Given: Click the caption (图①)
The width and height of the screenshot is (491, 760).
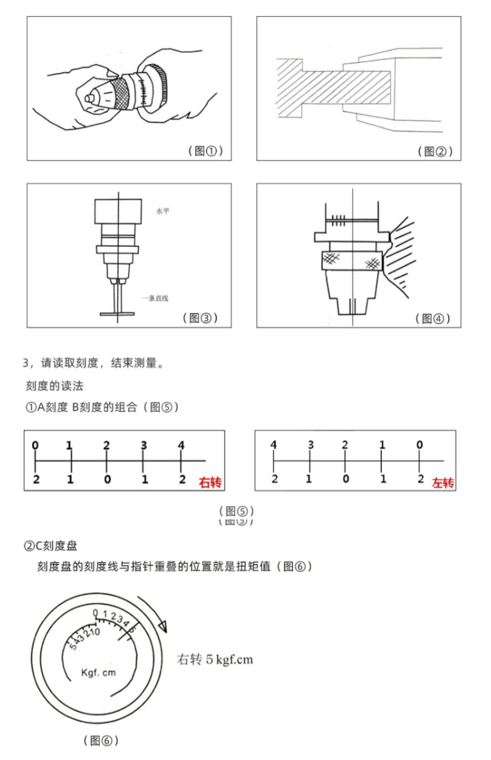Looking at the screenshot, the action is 205,150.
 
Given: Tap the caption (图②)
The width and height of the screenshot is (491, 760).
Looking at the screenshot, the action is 435,151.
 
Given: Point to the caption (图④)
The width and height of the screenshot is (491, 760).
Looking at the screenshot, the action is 432,318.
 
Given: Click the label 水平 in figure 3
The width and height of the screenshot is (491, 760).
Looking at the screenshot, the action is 162,211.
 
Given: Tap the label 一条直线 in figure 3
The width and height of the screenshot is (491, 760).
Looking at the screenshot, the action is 155,298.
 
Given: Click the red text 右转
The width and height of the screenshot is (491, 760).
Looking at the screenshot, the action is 210,483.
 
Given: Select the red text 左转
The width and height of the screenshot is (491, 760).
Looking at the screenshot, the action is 443,483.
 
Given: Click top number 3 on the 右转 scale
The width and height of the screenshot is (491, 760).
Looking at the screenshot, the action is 144,445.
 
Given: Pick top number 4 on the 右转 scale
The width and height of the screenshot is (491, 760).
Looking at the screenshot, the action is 181,445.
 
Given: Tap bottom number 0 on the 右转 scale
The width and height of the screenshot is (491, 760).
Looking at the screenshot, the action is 107,479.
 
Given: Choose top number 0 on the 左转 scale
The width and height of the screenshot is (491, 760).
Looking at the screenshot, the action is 419,445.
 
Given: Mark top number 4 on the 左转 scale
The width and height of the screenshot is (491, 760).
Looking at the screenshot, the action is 273,445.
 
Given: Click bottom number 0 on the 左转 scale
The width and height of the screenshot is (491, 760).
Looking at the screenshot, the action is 346,479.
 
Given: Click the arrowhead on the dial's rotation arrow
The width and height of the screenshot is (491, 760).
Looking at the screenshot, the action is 162,626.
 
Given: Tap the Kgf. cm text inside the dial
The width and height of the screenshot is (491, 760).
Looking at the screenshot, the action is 98,673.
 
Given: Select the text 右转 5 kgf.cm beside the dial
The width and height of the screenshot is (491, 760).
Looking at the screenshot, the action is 214,659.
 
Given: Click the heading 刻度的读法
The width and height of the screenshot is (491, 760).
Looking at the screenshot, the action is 54,386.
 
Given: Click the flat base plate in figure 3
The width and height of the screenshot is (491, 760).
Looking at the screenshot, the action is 117,314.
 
